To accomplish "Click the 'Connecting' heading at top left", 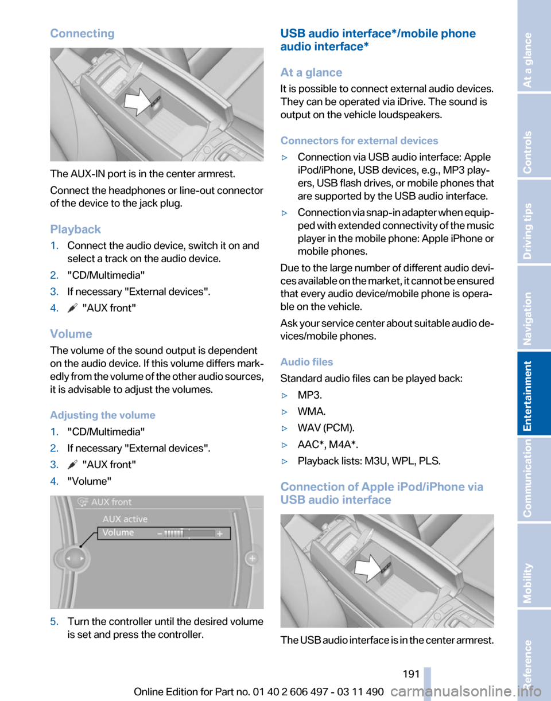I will click(x=82, y=33).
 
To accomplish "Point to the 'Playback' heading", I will click(x=75, y=229).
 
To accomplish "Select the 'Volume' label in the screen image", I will click(x=118, y=532).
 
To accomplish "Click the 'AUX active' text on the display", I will click(x=125, y=519).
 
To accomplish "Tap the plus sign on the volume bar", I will click(x=219, y=533).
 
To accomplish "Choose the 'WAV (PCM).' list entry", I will click(x=325, y=428).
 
